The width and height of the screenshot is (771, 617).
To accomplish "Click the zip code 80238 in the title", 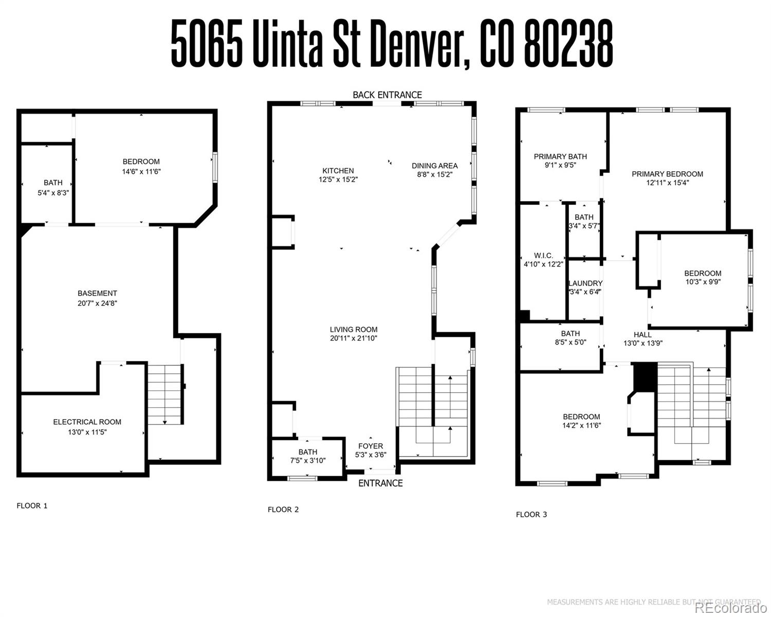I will pyautogui.click(x=568, y=44).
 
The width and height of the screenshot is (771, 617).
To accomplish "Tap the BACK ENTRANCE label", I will pyautogui.click(x=387, y=95).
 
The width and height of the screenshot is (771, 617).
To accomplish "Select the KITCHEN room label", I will pyautogui.click(x=338, y=171).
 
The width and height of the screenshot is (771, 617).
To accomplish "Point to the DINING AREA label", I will pyautogui.click(x=434, y=166).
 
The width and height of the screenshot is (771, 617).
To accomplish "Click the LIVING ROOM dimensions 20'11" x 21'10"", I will pyautogui.click(x=354, y=338).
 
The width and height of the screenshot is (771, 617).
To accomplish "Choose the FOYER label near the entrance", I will pyautogui.click(x=371, y=446).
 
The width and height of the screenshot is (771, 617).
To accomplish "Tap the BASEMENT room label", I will pyautogui.click(x=97, y=294).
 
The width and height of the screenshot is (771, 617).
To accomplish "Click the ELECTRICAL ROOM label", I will pyautogui.click(x=87, y=422).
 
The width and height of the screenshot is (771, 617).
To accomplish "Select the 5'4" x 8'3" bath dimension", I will pyautogui.click(x=53, y=192).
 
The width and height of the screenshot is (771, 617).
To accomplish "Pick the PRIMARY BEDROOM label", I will pyautogui.click(x=667, y=174).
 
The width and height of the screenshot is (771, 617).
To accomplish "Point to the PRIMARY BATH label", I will pyautogui.click(x=560, y=156).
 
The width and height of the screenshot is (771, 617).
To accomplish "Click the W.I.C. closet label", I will pyautogui.click(x=543, y=256).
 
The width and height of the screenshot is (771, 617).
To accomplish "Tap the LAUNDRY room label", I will pyautogui.click(x=585, y=283).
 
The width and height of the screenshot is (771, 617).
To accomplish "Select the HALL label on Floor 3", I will pyautogui.click(x=642, y=334).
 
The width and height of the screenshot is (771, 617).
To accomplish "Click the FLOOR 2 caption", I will pyautogui.click(x=283, y=510).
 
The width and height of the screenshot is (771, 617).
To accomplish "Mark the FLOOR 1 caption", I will pyautogui.click(x=32, y=505).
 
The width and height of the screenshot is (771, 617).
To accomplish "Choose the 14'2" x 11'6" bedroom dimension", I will pyautogui.click(x=581, y=426).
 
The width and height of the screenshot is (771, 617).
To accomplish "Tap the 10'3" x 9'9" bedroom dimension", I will pyautogui.click(x=703, y=282).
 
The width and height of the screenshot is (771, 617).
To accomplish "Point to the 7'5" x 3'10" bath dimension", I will pyautogui.click(x=307, y=461).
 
